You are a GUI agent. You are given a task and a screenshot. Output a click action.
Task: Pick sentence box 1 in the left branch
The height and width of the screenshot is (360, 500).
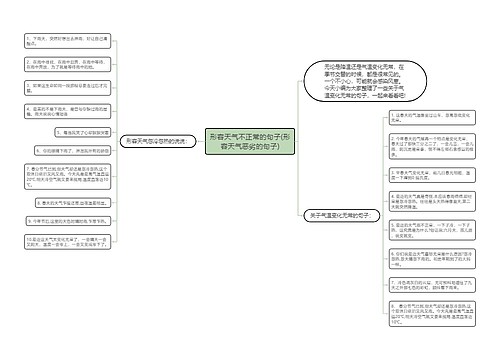click(x=65, y=40)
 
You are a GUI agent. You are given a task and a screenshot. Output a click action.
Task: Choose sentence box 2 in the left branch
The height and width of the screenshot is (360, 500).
click(x=65, y=65)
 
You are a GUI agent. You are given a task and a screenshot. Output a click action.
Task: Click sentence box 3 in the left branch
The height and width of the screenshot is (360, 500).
click(x=65, y=88)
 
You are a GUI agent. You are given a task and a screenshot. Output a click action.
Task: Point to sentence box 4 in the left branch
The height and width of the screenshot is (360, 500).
click(x=65, y=109)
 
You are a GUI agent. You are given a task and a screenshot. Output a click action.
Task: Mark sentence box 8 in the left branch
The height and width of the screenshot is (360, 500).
click(x=65, y=201)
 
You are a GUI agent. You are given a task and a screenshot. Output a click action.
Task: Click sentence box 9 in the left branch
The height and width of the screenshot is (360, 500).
click(x=65, y=220)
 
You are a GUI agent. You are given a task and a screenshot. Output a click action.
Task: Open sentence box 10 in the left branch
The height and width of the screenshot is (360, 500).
click(x=65, y=243)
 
